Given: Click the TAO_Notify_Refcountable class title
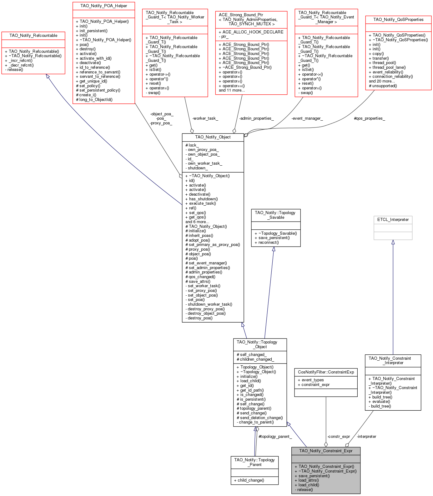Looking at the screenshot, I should click(33, 36).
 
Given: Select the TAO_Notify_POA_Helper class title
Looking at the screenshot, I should click(103, 6).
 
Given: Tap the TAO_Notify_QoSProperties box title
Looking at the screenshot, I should click(398, 20).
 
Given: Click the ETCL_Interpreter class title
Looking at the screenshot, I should click(393, 220).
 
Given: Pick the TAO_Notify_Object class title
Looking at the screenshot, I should click(213, 137).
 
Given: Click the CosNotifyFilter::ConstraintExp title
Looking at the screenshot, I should click(326, 372).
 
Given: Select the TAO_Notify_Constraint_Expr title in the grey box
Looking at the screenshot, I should click(326, 451).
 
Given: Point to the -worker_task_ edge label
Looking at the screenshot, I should click(205, 118).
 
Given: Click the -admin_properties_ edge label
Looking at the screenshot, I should click(256, 118).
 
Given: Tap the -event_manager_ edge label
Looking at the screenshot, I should click(307, 118).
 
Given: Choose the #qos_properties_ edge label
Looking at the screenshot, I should click(369, 118).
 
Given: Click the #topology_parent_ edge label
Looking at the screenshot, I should click(275, 437).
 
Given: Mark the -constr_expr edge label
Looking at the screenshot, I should click(339, 437).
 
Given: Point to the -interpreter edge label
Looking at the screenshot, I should click(366, 437).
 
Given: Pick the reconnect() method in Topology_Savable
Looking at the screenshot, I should click(269, 243).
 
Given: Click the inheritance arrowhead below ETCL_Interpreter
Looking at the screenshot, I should click(393, 242).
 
